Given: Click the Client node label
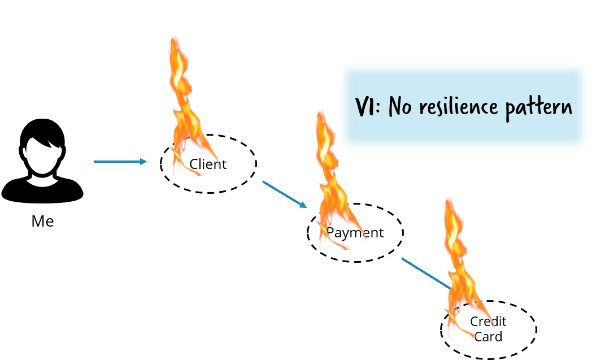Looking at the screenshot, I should [x=208, y=164].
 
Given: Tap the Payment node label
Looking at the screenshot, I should [x=355, y=233].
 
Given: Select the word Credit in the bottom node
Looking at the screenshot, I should [x=488, y=322].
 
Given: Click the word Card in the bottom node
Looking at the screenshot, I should [x=488, y=337].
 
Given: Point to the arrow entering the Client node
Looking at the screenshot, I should [x=119, y=162].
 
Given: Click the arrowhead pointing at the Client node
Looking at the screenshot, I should [x=143, y=162].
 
